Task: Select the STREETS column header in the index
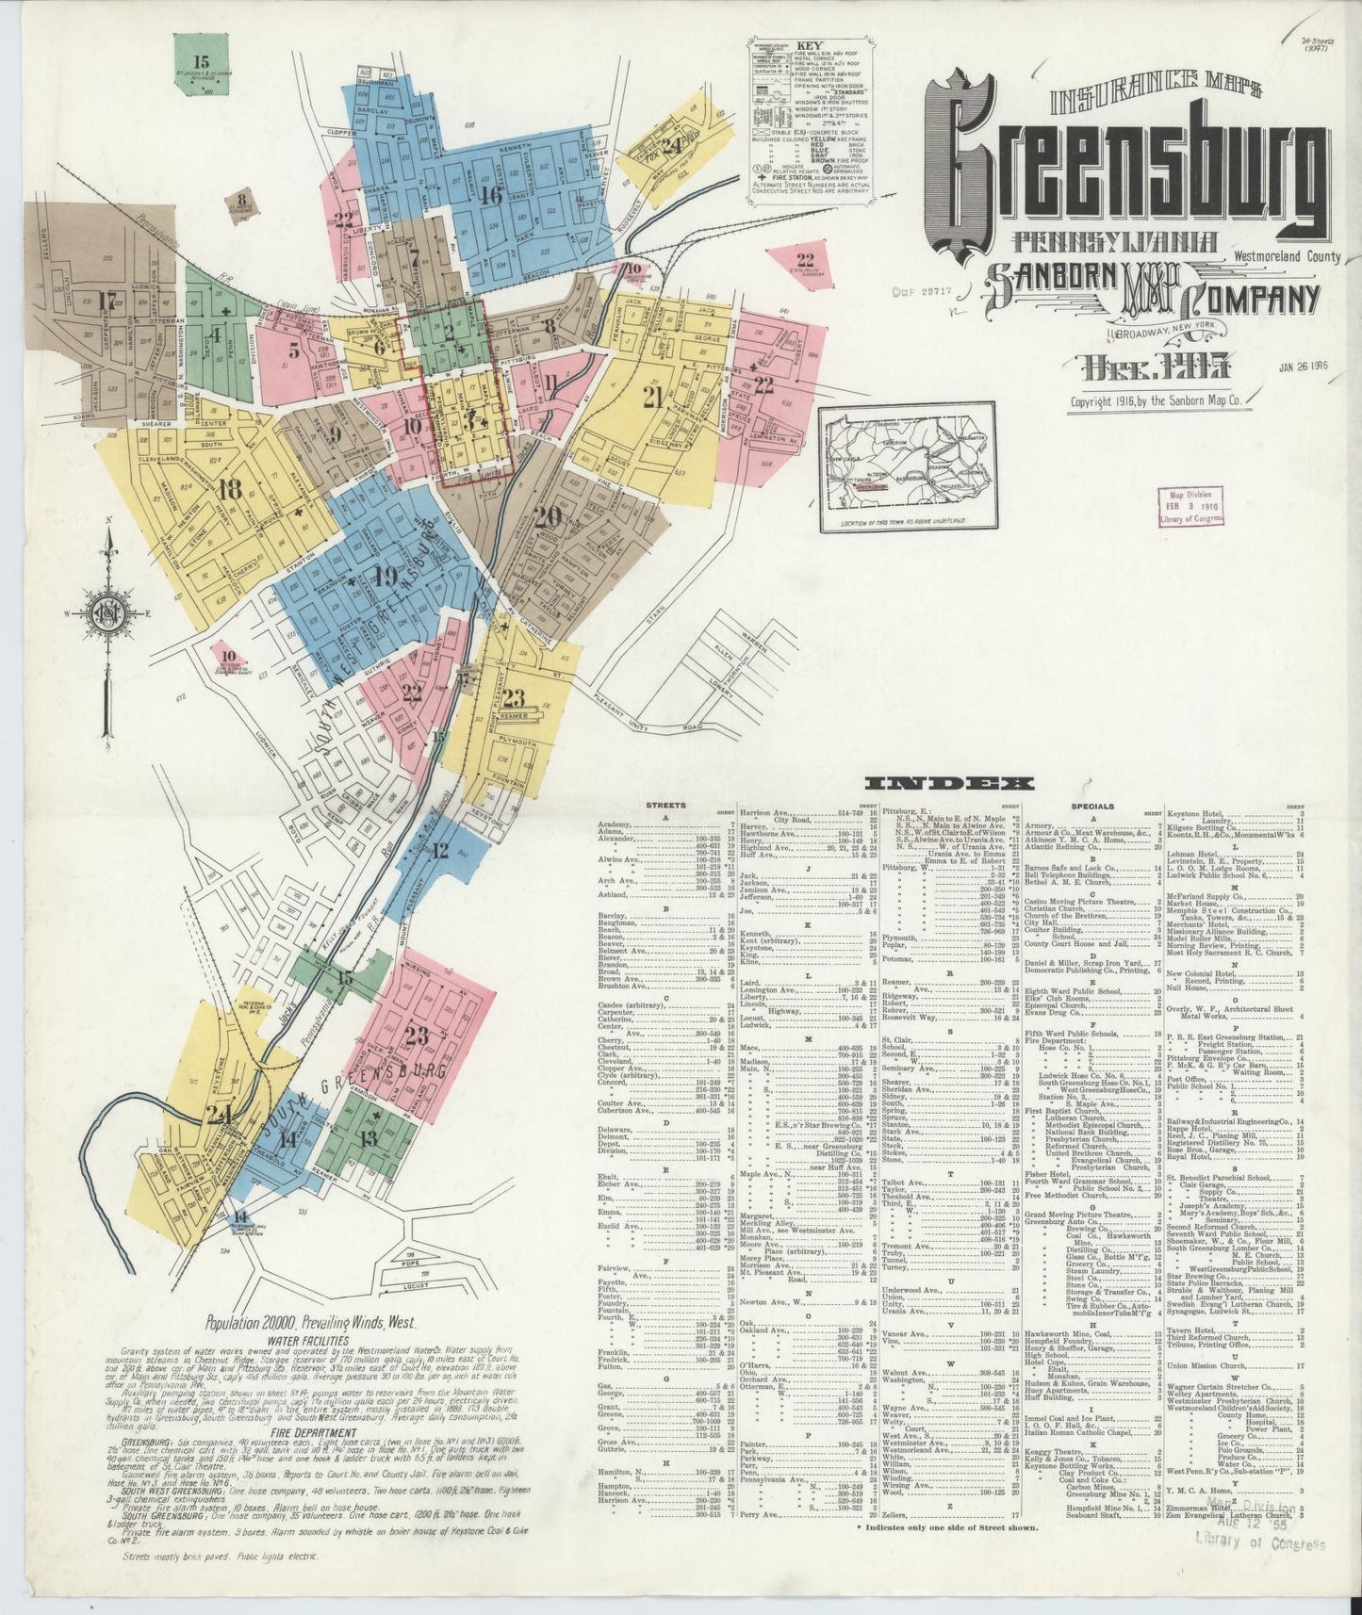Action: tap(665, 807)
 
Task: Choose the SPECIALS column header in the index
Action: tap(1091, 807)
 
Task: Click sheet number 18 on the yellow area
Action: tap(229, 491)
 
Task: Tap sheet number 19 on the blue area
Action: tap(385, 577)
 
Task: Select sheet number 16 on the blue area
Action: tap(489, 196)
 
